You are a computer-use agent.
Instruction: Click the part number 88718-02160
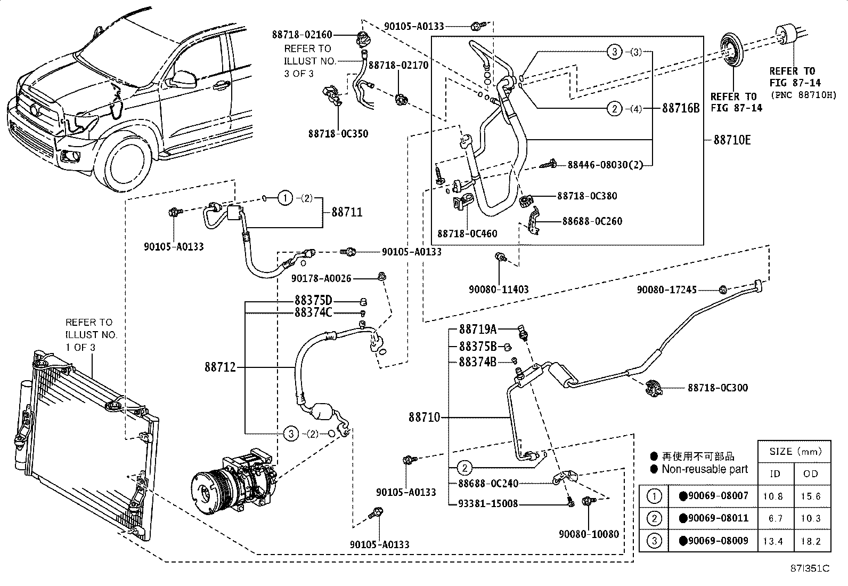pos(301,35)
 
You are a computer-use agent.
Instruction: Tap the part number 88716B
pos(680,109)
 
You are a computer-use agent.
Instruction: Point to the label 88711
pos(347,212)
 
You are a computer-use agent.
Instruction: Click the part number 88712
pos(220,367)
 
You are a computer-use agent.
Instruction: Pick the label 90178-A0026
pos(321,278)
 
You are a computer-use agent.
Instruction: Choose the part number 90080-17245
pos(667,290)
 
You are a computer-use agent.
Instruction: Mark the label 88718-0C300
pos(717,388)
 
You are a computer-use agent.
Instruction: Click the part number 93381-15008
pos(488,503)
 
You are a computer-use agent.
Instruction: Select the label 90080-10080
pos(589,534)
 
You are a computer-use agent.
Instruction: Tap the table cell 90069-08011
pos(714,518)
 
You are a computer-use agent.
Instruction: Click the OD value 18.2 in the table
pos(810,541)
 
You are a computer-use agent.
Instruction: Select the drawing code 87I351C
pos(811,569)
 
